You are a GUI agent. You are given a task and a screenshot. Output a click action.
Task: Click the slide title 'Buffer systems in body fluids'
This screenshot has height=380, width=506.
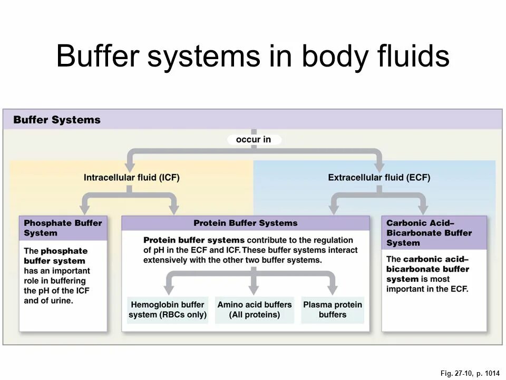point(252,56)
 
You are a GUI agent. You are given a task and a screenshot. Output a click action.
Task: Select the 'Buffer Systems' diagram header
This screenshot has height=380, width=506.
point(57,120)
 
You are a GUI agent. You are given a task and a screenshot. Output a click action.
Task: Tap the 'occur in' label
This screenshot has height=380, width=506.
point(254,139)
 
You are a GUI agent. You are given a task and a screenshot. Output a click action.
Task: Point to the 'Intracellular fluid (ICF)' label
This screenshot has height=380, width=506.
point(132,177)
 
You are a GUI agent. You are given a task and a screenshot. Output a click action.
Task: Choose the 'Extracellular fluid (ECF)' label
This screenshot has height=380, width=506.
point(379,177)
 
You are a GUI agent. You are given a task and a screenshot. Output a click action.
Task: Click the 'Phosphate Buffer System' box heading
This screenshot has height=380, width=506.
point(63,228)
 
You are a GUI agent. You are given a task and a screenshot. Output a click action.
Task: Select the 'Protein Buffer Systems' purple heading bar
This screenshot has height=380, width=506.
point(246,223)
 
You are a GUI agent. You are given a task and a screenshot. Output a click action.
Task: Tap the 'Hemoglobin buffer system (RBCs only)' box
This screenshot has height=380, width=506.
point(168,310)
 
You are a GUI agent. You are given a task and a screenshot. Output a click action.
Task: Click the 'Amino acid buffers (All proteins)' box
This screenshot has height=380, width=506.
point(254,310)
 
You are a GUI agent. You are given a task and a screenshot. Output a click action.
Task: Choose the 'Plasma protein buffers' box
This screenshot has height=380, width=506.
point(333,310)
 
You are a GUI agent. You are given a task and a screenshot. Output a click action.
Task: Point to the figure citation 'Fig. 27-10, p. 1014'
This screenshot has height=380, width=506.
point(470,374)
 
